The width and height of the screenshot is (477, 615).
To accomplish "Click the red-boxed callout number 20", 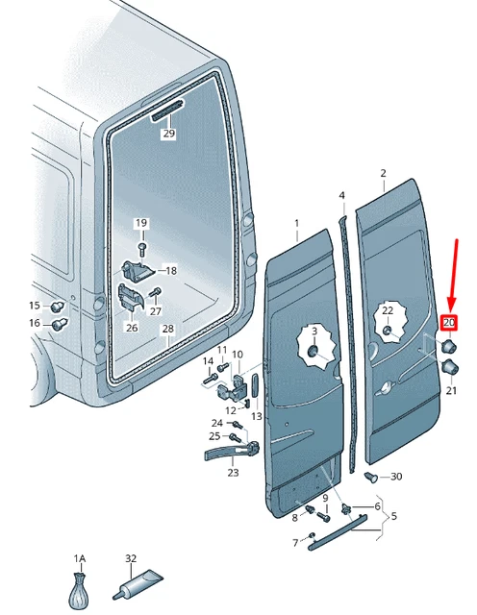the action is pos(449,323).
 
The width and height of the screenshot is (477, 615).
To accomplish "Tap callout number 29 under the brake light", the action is pos(169,134).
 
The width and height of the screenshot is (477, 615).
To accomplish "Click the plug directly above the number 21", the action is pos(450,367).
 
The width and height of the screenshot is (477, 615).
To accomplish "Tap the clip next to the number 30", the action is pos(371,477).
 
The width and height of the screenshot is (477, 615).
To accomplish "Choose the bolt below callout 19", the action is pos(142,248).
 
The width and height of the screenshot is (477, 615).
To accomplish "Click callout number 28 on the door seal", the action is pos(167,329).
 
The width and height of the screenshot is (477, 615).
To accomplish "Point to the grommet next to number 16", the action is pos(60,324).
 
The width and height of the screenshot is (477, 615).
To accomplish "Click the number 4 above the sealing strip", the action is pos(342,195).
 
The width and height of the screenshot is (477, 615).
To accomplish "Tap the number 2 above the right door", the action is pos(383,173).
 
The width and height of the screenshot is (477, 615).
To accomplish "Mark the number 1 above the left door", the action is pos(297,223).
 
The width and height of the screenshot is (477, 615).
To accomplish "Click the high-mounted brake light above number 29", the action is pos(167,111).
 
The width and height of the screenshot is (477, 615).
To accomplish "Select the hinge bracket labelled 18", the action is pos(137,270).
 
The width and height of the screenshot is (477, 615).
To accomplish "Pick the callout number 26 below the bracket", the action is pos(132,327).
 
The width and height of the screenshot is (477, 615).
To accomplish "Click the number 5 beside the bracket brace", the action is pos(393,516).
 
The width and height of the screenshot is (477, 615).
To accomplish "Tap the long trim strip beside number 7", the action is pos(338,533).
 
